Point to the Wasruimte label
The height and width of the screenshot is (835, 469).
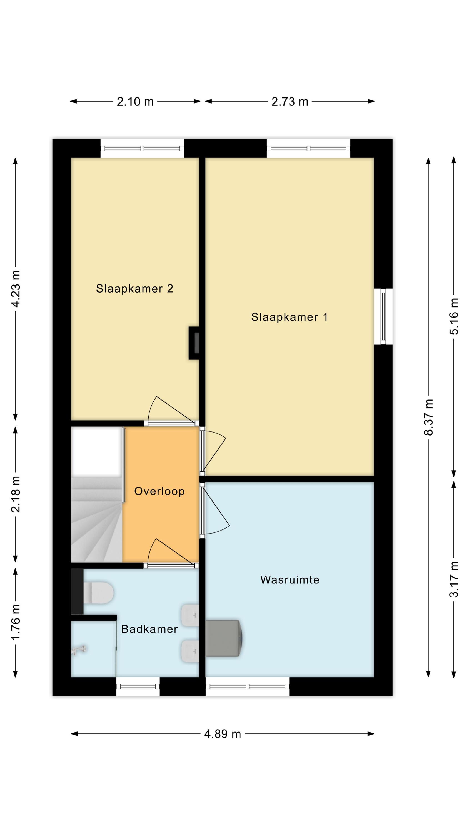click(290, 579)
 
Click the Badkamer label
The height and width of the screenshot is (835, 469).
click(149, 629)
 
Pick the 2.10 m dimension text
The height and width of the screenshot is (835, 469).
click(135, 102)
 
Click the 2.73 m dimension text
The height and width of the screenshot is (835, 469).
click(290, 102)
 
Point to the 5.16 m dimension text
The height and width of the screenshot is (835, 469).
click(454, 316)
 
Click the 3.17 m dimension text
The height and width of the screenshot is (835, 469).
click(454, 579)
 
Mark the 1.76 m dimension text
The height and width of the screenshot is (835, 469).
click(16, 622)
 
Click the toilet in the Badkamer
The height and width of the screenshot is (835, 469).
click(98, 593)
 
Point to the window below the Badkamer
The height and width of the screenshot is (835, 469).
click(138, 687)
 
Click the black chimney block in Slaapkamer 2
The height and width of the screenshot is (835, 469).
click(194, 343)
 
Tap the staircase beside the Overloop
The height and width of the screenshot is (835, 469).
click(97, 519)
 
